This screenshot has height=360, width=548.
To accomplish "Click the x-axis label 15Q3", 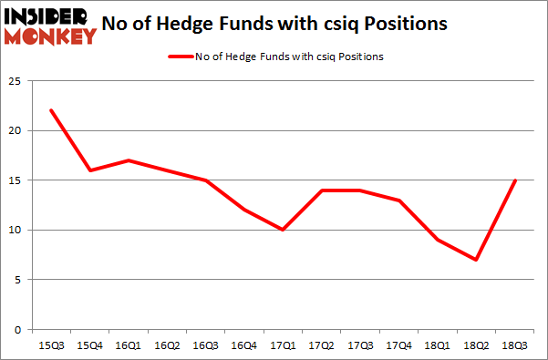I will (x=51, y=345).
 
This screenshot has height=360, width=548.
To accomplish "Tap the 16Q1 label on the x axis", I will (x=129, y=345).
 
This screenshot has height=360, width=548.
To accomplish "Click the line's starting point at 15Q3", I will (x=51, y=110).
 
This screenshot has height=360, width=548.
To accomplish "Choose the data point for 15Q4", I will (x=90, y=170).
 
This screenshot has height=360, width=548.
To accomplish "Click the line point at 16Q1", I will (x=129, y=160).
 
